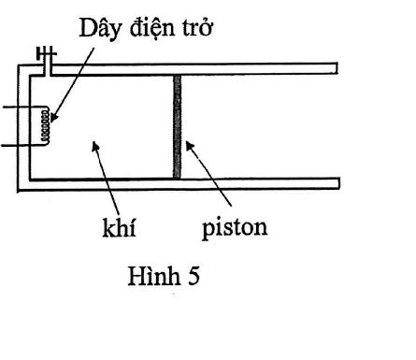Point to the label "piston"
235,228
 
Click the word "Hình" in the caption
154,275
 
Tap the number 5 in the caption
194,276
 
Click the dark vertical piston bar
177,126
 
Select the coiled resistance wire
46,126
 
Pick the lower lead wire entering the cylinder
22,145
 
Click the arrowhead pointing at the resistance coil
54,118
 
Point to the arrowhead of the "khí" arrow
95,146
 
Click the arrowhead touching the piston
190,146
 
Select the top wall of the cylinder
194,69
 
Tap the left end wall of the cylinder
24,128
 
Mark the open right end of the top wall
337,68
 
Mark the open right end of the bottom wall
339,183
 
